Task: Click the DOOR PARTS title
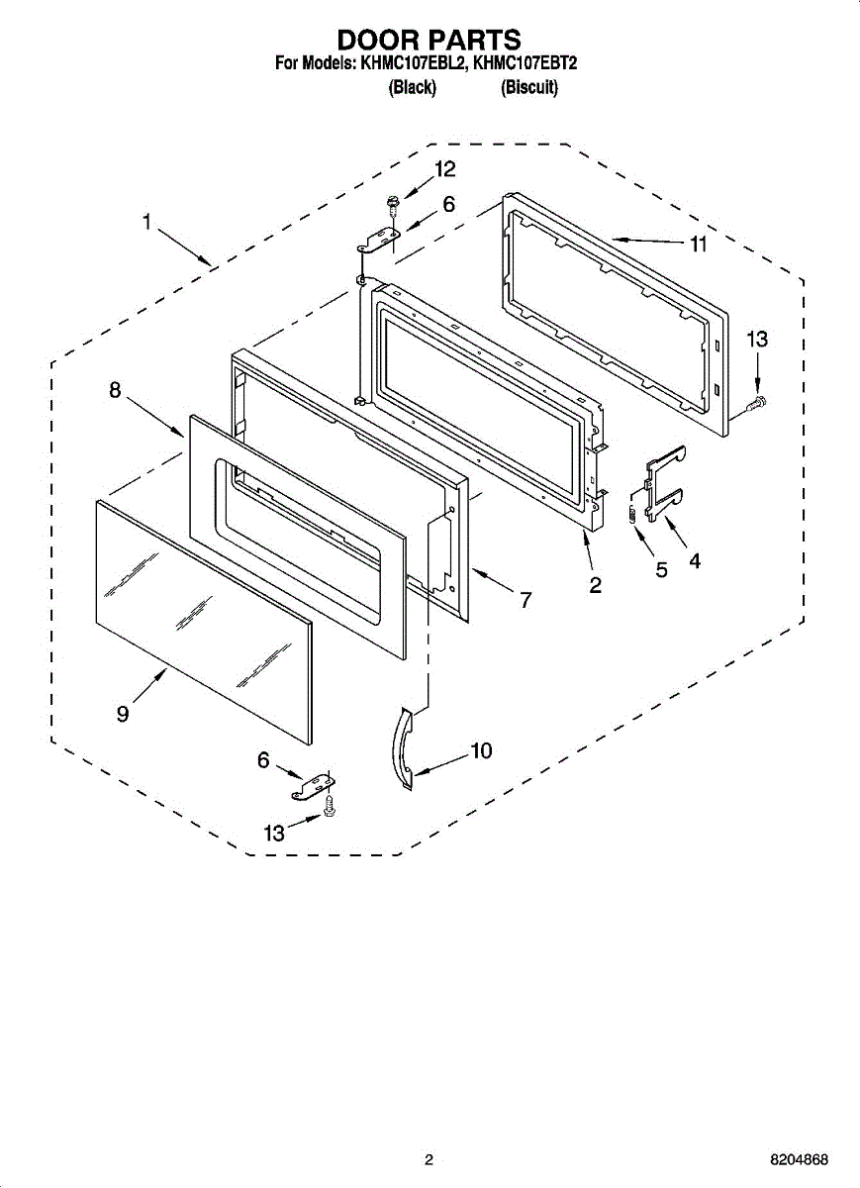[x=429, y=40]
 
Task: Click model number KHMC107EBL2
[x=412, y=64]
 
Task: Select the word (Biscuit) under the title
[x=529, y=88]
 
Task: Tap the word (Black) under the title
[x=412, y=88]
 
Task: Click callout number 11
[x=699, y=245]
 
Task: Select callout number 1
[x=146, y=224]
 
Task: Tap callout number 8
[x=116, y=391]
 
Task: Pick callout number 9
[x=123, y=714]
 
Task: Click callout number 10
[x=481, y=750]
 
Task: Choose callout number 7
[x=525, y=599]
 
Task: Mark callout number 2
[x=595, y=585]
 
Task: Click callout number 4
[x=695, y=560]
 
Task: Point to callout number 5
[x=661, y=569]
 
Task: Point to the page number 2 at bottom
[x=429, y=1160]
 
